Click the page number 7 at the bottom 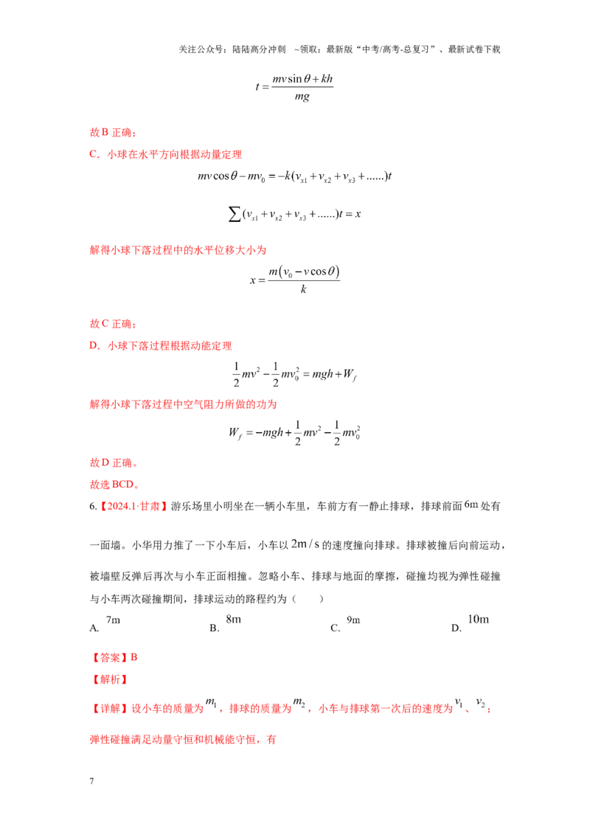91,780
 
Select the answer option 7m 113,620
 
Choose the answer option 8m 233,620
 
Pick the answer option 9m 353,620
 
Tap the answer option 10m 478,620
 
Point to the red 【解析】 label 109,679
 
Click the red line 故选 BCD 114,485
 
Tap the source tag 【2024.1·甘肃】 133,507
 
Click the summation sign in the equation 234,214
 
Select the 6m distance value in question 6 471,505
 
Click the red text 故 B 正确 113,133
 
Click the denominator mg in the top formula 302,97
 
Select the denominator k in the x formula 304,289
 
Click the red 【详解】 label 109,708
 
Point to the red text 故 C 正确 113,324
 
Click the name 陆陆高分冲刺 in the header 259,49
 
